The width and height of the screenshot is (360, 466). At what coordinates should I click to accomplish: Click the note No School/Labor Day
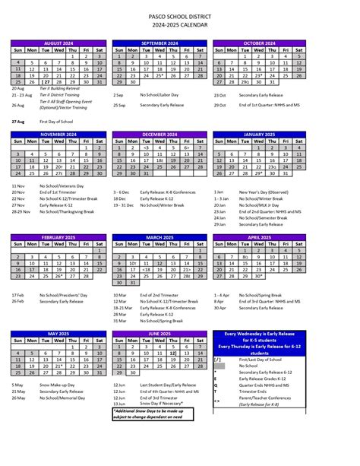[156, 95]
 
